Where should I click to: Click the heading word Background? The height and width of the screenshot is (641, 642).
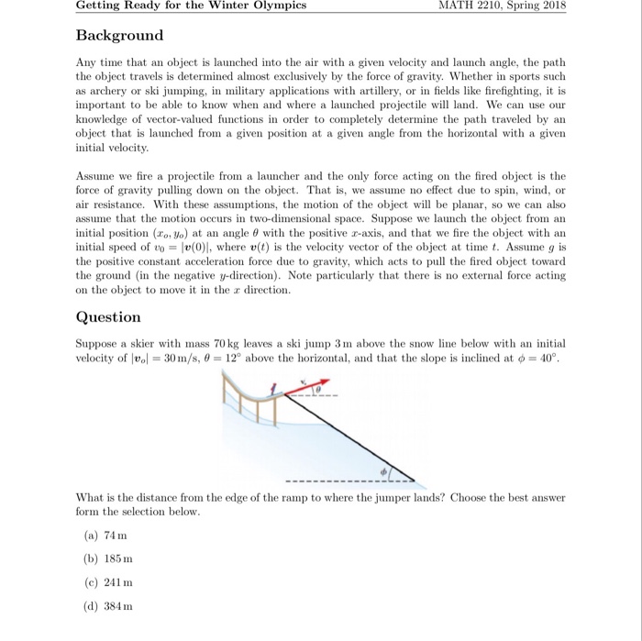[119, 36]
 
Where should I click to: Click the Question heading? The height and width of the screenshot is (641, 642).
[108, 317]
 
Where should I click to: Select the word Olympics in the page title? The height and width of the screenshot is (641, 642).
[278, 6]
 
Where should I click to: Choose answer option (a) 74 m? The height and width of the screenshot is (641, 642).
[105, 535]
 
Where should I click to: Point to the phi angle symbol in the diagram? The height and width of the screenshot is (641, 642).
[385, 470]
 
